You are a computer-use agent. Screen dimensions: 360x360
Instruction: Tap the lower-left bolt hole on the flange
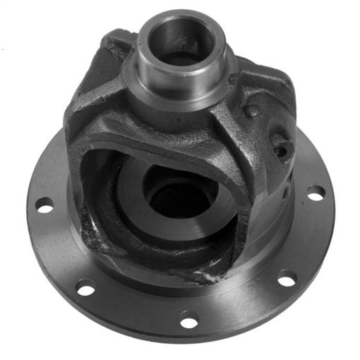point(85,288)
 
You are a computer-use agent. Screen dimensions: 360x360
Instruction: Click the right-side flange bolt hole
point(316,192)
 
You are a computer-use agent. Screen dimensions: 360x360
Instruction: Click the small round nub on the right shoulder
point(251,111)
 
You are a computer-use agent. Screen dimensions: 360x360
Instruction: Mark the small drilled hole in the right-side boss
point(281,149)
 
